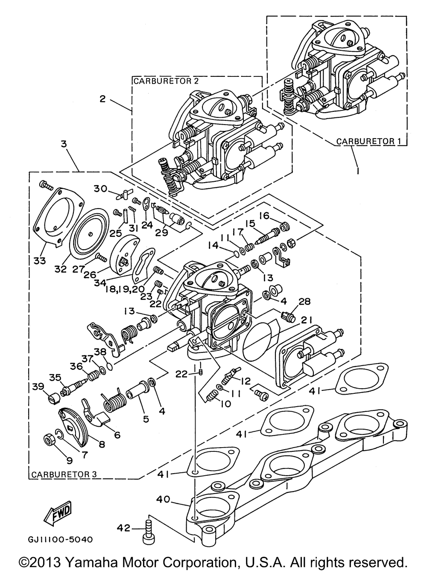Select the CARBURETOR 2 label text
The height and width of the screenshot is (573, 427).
(166, 81)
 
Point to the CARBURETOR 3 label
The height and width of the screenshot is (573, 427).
(64, 474)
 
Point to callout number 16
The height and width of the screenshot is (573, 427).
(264, 216)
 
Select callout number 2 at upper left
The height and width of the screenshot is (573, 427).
(102, 99)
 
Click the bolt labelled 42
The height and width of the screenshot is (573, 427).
(148, 532)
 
